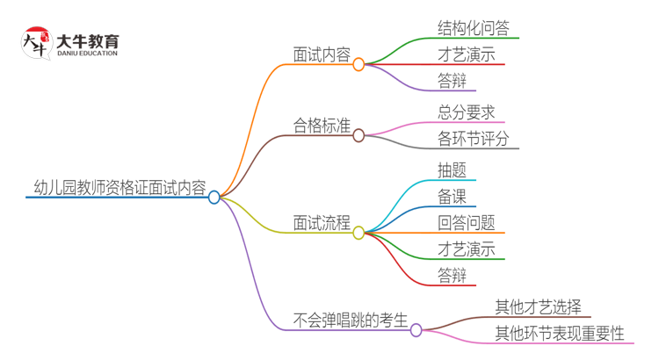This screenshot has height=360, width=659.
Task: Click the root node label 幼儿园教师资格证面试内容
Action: (x=118, y=188)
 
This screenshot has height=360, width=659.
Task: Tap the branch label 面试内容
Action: (x=322, y=54)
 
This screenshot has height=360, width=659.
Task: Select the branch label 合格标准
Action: (x=322, y=126)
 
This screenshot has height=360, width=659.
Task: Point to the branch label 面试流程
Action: (x=322, y=223)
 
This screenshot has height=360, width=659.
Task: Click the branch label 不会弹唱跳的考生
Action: (x=351, y=320)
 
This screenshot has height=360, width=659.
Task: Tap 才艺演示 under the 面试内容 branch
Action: (x=466, y=54)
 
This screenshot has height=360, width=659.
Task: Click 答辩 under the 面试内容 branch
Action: (x=452, y=82)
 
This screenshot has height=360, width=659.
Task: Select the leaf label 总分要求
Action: (x=466, y=112)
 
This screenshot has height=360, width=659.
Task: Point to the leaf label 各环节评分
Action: (x=473, y=139)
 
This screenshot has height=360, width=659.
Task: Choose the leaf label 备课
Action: (x=452, y=196)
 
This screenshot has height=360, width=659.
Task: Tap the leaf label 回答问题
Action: (x=466, y=223)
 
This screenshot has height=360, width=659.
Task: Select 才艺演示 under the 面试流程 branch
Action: (x=466, y=250)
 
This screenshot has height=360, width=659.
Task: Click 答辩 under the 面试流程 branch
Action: (x=452, y=277)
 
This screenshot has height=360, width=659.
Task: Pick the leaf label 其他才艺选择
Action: (x=538, y=306)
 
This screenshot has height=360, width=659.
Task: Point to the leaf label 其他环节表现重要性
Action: (x=559, y=334)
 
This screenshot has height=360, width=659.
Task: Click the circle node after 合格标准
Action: (x=358, y=135)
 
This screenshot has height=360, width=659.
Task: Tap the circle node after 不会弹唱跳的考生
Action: (x=416, y=330)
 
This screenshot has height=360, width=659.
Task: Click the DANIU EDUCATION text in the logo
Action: (x=87, y=54)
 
